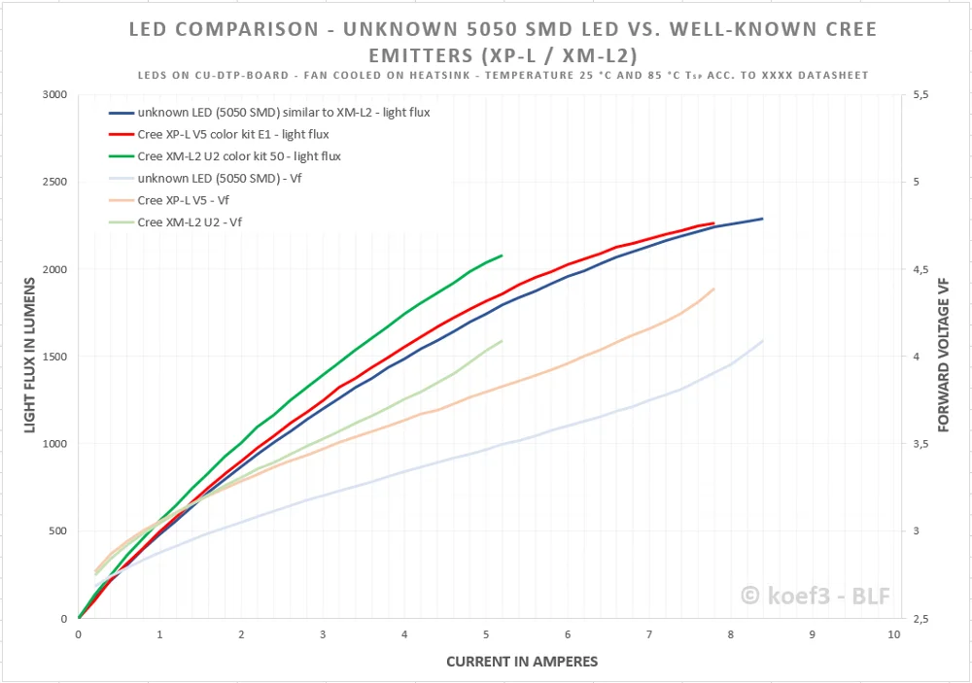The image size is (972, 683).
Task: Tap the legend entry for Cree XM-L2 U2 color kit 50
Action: coord(239,156)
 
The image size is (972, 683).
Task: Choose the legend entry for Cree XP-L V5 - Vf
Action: coord(184,200)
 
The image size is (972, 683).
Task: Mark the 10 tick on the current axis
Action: coord(893,634)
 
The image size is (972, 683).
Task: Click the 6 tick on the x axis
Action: coord(568,634)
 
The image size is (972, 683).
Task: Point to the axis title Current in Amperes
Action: coord(522,662)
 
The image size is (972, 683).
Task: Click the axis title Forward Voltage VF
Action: coord(943,355)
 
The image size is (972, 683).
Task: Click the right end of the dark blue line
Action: coord(763,219)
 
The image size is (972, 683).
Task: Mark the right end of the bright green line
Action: coord(502,256)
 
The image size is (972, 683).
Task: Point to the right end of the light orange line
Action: coord(714,289)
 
